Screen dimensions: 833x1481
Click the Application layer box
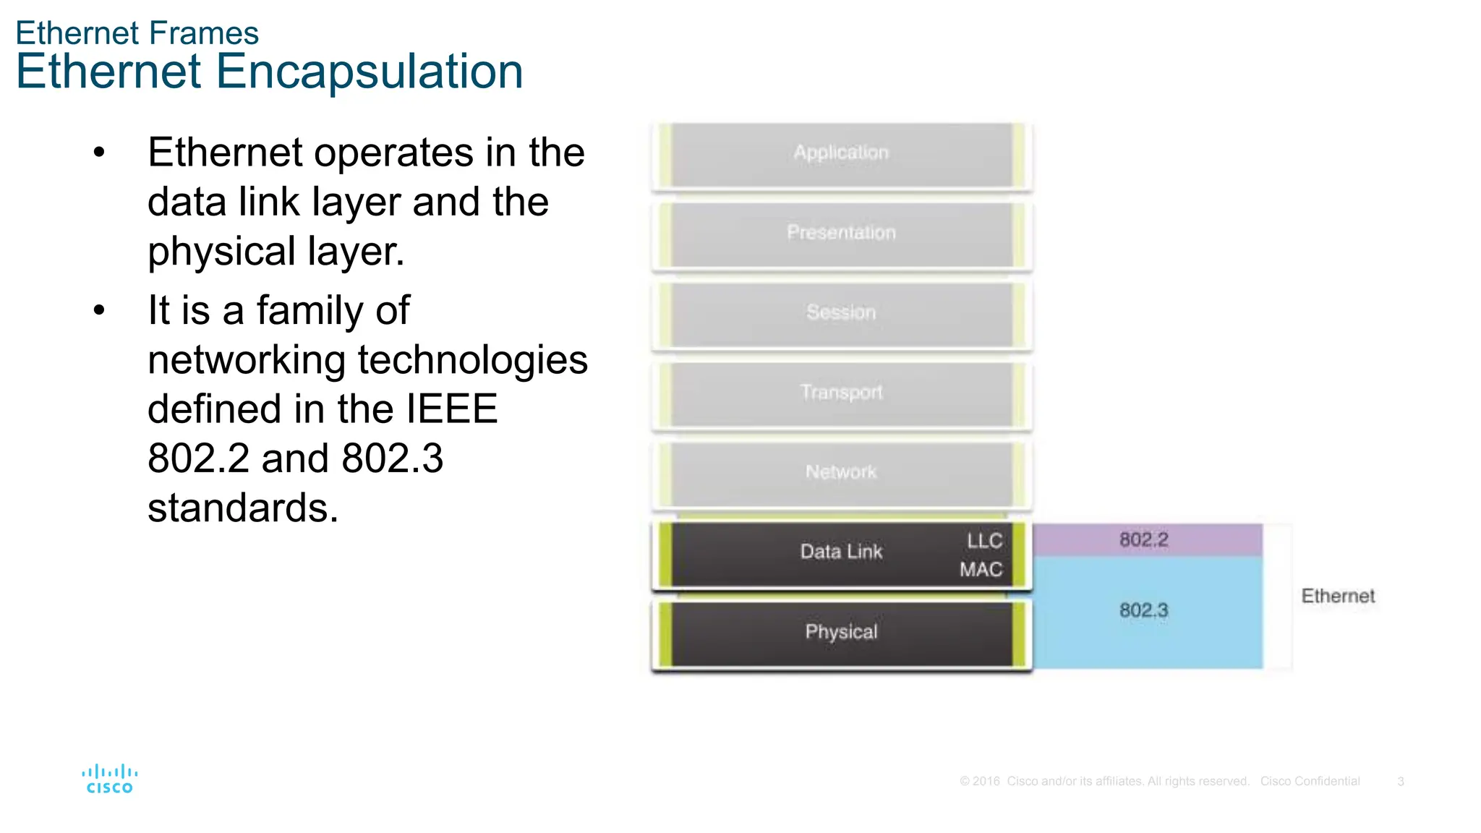pos(842,155)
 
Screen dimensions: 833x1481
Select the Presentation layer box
pos(842,234)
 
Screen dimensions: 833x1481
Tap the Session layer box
pos(842,314)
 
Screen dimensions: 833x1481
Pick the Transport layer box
pos(842,394)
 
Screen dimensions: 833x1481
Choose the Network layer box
pos(842,474)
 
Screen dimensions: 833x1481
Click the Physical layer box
pos(842,633)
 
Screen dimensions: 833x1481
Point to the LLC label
pos(984,541)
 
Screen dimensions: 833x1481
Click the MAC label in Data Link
pos(981,570)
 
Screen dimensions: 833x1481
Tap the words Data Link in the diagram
pos(841,552)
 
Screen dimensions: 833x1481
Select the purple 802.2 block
pos(1146,540)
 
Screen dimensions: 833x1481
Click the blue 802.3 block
pos(1146,612)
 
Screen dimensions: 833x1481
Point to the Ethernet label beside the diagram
pos(1338,597)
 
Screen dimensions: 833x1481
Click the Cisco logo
pos(109,779)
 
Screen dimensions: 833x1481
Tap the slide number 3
pos(1401,782)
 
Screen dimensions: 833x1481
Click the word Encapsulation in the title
pos(369,72)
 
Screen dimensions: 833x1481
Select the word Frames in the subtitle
pos(214,33)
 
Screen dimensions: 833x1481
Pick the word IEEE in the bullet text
pos(451,409)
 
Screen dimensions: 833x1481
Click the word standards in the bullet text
pos(243,508)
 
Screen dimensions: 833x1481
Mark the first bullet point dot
pos(99,153)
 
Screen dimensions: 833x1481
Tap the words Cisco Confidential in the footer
pos(1310,782)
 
